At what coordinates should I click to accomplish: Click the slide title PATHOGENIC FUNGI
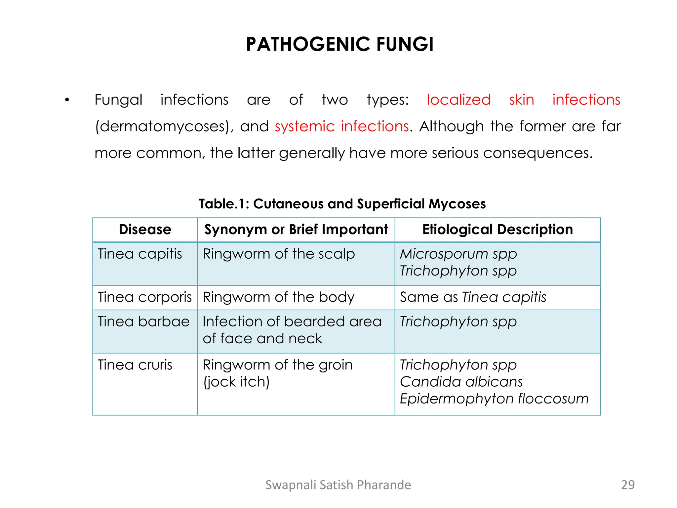[x=339, y=44]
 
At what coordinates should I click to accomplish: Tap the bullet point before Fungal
[x=67, y=100]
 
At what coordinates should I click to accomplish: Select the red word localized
[x=458, y=100]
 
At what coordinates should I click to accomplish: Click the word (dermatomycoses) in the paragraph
[x=162, y=127]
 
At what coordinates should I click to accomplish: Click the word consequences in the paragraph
[x=538, y=153]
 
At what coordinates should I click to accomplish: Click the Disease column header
[x=145, y=230]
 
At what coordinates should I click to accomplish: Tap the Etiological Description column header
[x=498, y=230]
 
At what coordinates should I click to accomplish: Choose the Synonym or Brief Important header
[x=296, y=230]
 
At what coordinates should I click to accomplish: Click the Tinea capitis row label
[x=140, y=254]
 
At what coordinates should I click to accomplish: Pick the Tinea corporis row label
[x=145, y=297]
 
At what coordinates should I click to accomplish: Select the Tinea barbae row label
[x=143, y=322]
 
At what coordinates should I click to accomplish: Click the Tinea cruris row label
[x=135, y=365]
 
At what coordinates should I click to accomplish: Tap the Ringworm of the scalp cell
[x=279, y=254]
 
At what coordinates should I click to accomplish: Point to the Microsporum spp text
[x=458, y=254]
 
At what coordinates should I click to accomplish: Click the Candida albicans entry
[x=461, y=382]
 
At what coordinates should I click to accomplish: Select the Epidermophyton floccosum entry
[x=494, y=399]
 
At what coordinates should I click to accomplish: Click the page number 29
[x=628, y=485]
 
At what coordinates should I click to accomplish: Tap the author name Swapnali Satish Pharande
[x=338, y=485]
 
